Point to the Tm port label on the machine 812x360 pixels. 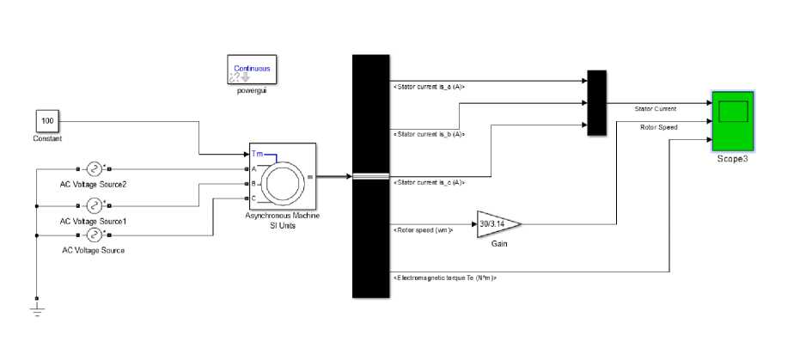point(258,154)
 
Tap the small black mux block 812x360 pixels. point(596,102)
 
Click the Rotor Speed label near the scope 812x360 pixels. point(658,127)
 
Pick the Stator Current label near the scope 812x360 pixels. point(655,109)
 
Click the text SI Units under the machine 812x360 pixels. point(283,225)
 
